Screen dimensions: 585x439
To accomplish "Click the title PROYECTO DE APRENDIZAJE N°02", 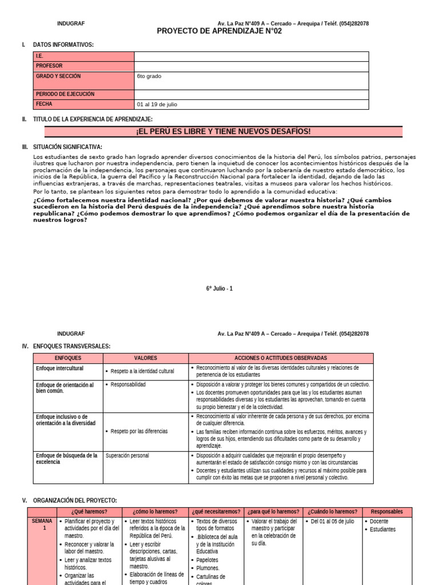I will point(219,31).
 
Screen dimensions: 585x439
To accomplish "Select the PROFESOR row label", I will point(50,66).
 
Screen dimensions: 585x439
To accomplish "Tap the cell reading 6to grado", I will point(149,76).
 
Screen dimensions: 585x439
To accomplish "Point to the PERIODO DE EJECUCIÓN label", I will point(65,94).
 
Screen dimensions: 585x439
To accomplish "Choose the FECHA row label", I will point(44,104).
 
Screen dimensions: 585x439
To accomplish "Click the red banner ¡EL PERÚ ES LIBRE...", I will point(224,132).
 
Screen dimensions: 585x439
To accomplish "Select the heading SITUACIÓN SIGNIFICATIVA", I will point(67,147).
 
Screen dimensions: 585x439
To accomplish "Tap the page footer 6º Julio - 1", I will point(219,289).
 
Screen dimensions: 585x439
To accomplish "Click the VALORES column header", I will point(145,358).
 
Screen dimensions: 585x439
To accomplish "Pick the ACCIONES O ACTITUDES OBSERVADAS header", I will point(281,358).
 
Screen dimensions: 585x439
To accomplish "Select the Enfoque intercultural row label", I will point(59,368).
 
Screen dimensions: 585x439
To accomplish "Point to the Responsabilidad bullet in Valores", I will point(128,384).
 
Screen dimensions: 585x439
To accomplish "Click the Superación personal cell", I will point(127,456).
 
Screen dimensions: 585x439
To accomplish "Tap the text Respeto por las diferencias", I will point(139,431).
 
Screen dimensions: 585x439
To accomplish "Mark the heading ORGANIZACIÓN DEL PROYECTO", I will point(75,500).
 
